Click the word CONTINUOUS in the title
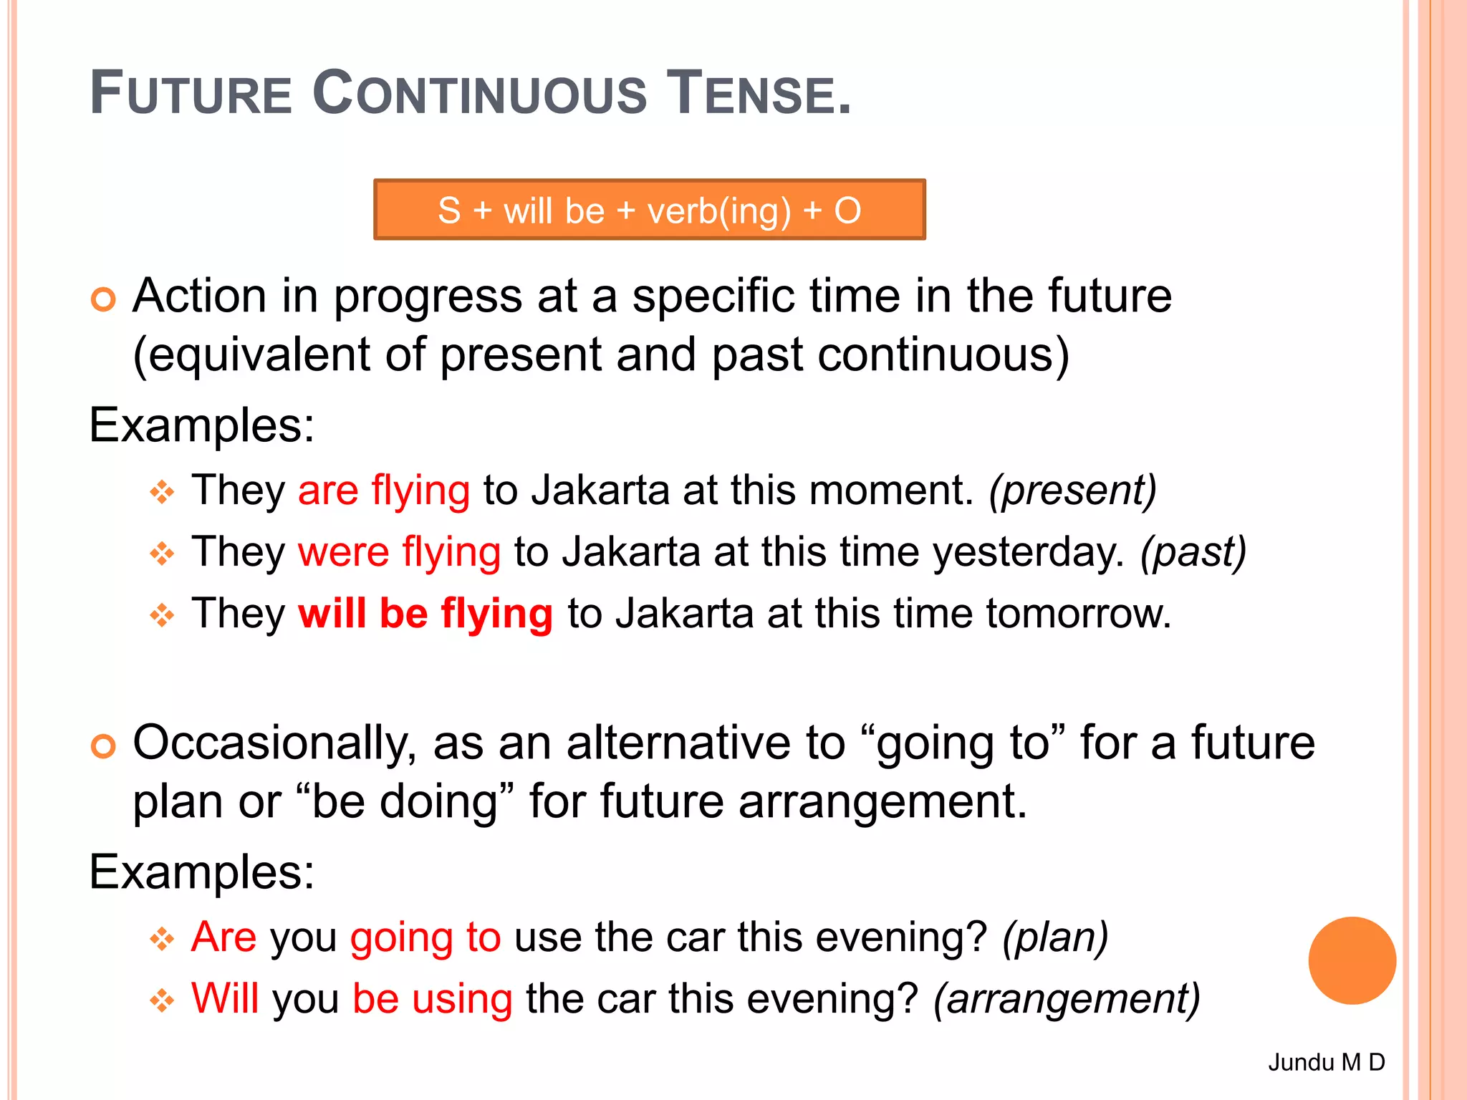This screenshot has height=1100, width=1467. click(x=479, y=93)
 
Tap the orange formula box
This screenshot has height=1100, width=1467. click(x=649, y=210)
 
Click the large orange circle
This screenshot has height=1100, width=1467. click(x=1352, y=960)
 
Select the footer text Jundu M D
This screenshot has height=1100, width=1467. click(x=1326, y=1062)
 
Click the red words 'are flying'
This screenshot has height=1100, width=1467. click(x=384, y=491)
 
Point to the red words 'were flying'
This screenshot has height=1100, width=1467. click(x=399, y=553)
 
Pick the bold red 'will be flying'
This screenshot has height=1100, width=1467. click(x=425, y=614)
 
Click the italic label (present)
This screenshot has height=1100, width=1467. click(x=1072, y=491)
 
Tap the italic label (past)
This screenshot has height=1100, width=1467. click(x=1193, y=553)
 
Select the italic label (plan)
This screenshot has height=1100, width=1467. click(x=1055, y=937)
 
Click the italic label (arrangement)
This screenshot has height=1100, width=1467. click(x=1066, y=999)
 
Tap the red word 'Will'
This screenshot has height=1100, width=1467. click(x=225, y=998)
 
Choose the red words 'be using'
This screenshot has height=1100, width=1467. click(x=433, y=999)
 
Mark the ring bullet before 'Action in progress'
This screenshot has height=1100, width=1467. click(x=103, y=299)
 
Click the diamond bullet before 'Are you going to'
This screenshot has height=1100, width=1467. click(x=162, y=939)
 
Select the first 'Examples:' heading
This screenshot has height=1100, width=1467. click(x=201, y=425)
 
